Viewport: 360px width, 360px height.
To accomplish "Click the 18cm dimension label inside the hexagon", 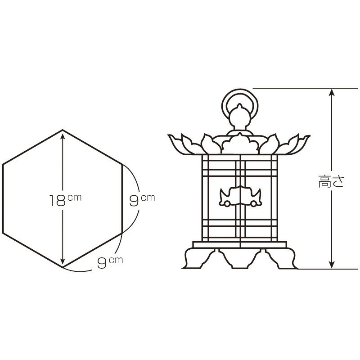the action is pos(65,199).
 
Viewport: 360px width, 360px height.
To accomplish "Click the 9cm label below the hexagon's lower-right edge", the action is pos(110,262).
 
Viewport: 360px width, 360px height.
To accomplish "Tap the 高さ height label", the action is pos(331,181).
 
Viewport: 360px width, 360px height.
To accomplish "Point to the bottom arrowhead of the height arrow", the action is pos(331,265).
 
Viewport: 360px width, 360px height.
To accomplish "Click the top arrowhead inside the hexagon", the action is pos(63,135).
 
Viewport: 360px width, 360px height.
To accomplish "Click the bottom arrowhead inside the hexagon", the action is pos(63,263).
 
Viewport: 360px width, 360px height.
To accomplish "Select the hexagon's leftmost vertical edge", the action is pos(3,199).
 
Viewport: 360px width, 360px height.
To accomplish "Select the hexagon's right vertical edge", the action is pos(122,199).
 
